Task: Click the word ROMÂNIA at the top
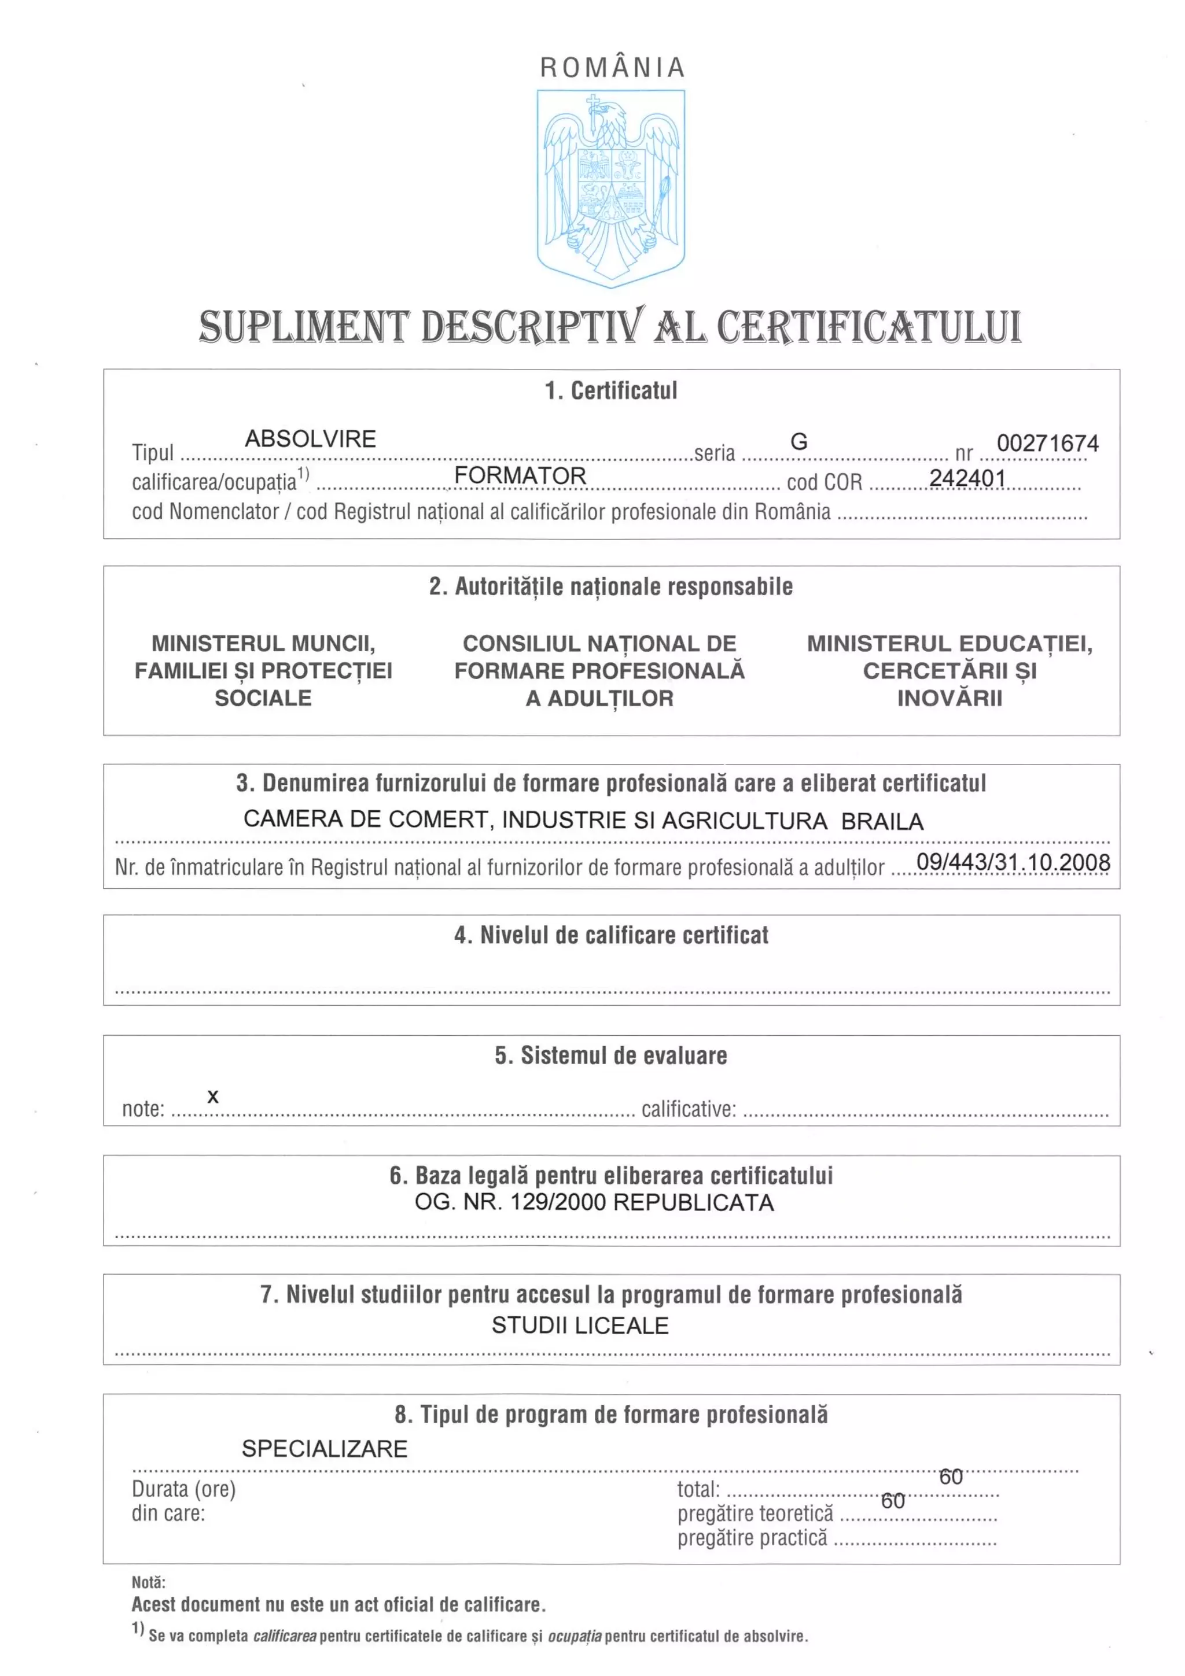612,67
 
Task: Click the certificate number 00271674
1047,443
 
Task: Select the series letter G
798,442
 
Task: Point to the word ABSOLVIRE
310,439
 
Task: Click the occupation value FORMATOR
520,475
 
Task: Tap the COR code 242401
967,478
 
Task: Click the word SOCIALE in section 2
263,698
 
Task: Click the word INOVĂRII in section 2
949,698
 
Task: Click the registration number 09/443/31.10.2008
1013,862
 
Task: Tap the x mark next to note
212,1097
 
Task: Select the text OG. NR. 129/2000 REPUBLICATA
594,1202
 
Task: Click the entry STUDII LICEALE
580,1325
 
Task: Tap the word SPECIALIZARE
324,1448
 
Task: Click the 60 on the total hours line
951,1476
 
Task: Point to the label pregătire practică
752,1538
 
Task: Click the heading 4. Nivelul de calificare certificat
611,935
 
